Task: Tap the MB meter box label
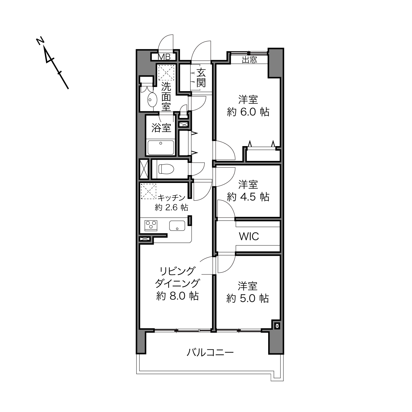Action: point(164,57)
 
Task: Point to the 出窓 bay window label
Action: point(249,60)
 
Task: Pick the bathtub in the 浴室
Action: point(161,147)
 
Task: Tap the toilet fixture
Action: point(167,169)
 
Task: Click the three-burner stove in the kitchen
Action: point(151,225)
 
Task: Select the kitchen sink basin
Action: point(177,225)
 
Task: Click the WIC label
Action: point(249,237)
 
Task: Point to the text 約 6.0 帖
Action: point(248,112)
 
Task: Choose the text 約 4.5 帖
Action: point(248,196)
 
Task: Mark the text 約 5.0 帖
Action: point(247,298)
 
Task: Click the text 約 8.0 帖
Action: point(178,296)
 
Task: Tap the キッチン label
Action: point(171,198)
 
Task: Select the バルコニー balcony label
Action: point(210,352)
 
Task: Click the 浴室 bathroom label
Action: point(161,128)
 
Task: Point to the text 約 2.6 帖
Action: point(171,207)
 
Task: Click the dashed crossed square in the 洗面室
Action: point(166,73)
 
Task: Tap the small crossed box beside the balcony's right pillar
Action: point(277,326)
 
